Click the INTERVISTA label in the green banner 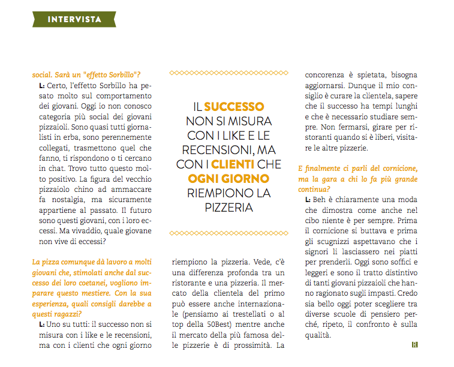75,19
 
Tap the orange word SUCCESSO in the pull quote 234,107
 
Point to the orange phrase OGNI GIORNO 228,179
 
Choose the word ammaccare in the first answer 116,187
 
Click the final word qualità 318,336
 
